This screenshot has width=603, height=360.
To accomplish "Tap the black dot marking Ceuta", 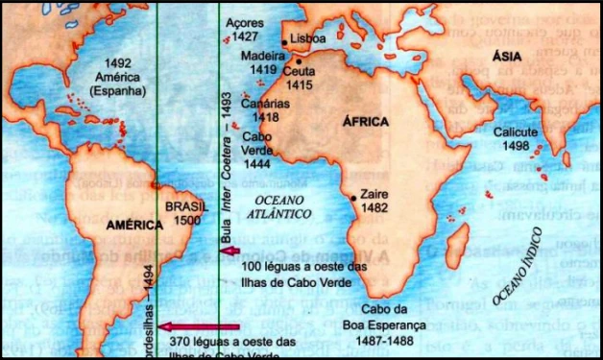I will coord(285,60).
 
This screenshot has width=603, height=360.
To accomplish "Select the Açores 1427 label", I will coord(243,29).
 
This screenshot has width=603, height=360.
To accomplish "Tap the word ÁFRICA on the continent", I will coord(365,122).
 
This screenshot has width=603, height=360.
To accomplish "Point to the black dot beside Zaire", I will coord(354,198).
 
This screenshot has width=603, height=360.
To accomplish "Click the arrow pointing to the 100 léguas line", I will coord(229,252).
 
